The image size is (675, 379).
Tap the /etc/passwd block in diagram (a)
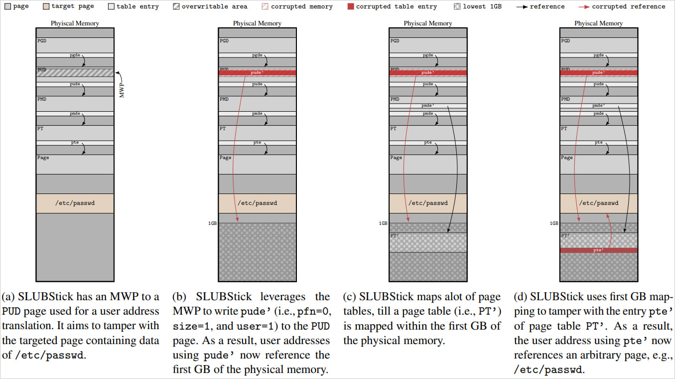tap(75, 203)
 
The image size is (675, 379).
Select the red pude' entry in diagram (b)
tap(257, 73)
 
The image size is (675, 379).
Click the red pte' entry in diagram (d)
tap(599, 250)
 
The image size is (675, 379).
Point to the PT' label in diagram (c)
tap(394, 236)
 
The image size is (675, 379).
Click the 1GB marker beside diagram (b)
tap(212, 223)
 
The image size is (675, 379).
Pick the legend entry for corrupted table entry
tap(396, 6)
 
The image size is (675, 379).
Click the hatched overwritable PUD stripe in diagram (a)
tap(75, 73)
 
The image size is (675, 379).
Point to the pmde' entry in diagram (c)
tap(428, 105)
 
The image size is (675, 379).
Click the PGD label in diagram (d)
tap(565, 41)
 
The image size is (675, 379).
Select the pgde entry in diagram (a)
tap(75, 55)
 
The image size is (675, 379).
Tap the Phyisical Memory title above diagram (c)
tap(428, 23)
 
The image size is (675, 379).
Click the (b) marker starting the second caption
tap(179, 297)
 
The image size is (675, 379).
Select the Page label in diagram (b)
tap(225, 158)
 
